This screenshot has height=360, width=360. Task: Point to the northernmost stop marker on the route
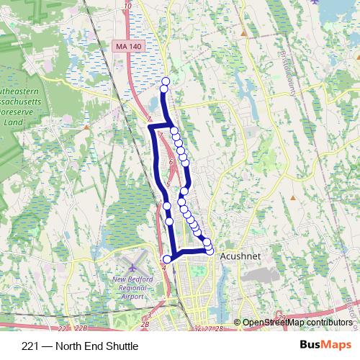pos(166,81)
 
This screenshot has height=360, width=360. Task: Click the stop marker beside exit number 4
pos(168,259)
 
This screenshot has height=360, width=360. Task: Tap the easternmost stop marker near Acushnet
pos(210,250)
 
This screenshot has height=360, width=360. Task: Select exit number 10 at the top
pos(127,6)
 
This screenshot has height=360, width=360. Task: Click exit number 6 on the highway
pos(171,163)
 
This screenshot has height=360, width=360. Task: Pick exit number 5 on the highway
pos(168,185)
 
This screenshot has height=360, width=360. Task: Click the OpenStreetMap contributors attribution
pos(297,323)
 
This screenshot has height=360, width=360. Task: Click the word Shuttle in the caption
pos(121,346)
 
